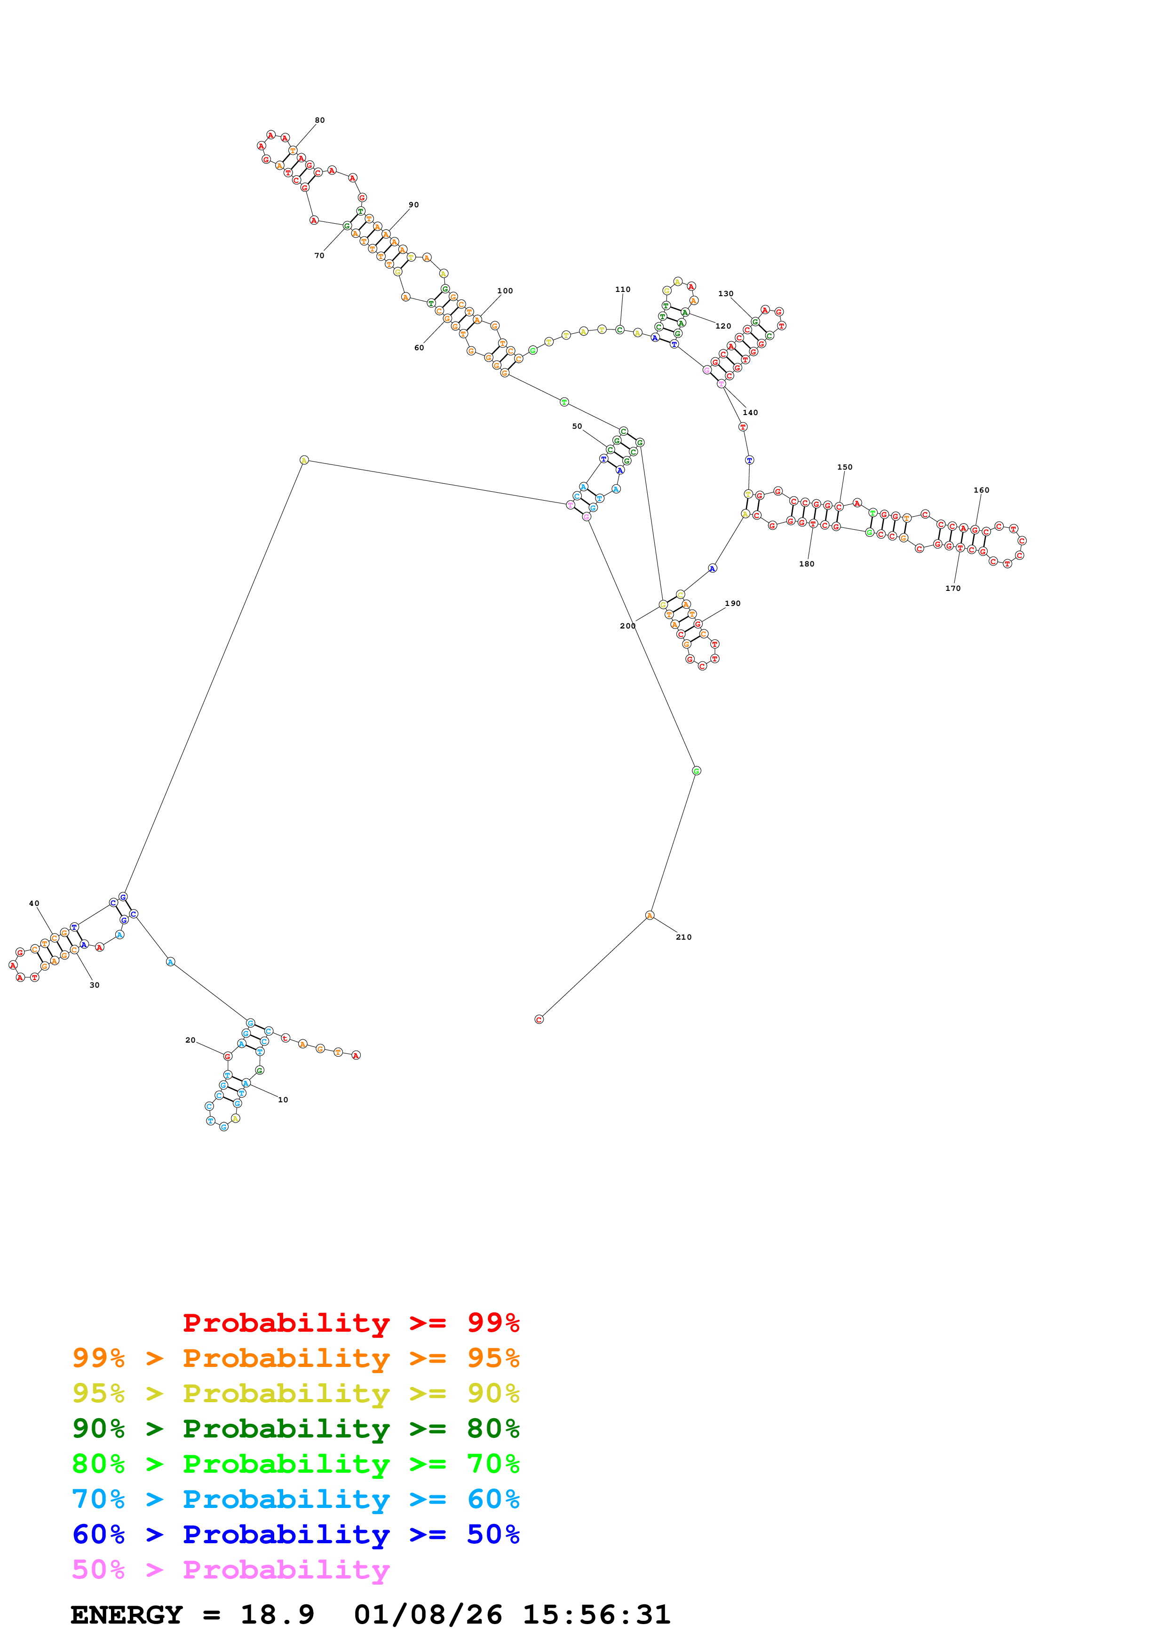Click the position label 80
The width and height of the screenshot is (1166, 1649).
pyautogui.click(x=320, y=120)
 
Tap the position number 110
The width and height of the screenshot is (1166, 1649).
pyautogui.click(x=622, y=290)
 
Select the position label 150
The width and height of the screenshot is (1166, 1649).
pyautogui.click(x=844, y=467)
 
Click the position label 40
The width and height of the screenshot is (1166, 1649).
pyautogui.click(x=34, y=903)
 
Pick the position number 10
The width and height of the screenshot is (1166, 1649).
pyautogui.click(x=283, y=1099)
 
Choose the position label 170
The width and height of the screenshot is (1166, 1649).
pyautogui.click(x=952, y=588)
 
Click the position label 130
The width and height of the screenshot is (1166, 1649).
pyautogui.click(x=726, y=294)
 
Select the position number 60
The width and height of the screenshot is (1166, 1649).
pyautogui.click(x=419, y=347)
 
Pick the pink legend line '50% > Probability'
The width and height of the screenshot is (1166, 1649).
pyautogui.click(x=230, y=1569)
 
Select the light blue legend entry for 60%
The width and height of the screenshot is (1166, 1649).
pyautogui.click(x=295, y=1499)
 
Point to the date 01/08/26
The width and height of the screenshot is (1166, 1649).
pyautogui.click(x=428, y=1615)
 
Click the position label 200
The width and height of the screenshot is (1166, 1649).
pyautogui.click(x=627, y=626)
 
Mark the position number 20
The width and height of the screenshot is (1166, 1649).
pyautogui.click(x=190, y=1039)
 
